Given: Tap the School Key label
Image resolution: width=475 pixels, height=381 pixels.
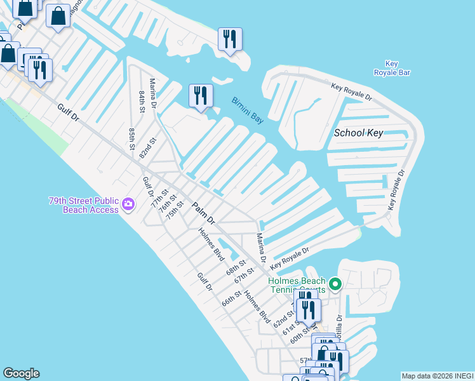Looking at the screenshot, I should click(358, 133).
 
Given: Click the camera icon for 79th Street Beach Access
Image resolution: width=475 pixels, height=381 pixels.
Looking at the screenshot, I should click(129, 204).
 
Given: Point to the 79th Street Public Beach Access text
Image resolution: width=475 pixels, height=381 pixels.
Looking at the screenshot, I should click(84, 205).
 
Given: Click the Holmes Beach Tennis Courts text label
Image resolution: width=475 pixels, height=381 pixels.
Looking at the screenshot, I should click(297, 285).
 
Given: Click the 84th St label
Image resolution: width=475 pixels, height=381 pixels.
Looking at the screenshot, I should click(142, 101).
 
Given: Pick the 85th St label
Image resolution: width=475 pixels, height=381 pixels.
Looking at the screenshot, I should click(132, 139).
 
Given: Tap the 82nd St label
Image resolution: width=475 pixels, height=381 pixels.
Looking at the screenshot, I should click(148, 149).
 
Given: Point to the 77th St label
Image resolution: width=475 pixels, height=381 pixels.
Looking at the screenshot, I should click(158, 199).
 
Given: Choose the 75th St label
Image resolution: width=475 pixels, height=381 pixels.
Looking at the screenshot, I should click(175, 210).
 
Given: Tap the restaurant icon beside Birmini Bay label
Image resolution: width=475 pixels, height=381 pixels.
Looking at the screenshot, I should click(201, 96).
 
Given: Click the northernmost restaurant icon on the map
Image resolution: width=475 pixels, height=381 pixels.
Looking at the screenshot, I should click(230, 39).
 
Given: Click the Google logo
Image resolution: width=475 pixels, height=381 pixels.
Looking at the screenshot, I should click(21, 373).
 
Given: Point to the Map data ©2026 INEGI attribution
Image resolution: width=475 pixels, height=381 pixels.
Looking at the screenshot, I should click(437, 376).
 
